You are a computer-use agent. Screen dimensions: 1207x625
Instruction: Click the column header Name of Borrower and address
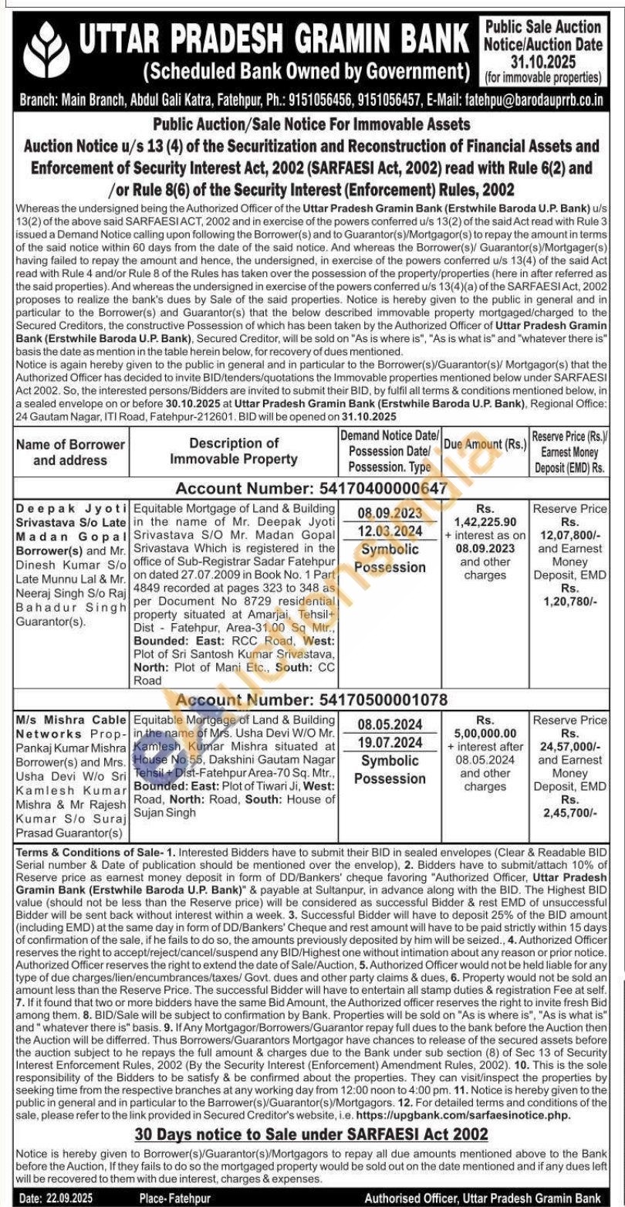tap(71, 452)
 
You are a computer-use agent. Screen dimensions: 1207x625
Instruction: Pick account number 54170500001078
tap(381, 700)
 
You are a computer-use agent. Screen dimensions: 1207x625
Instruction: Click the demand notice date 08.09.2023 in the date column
tap(390, 512)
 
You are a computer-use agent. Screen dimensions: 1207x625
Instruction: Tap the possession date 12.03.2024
tap(390, 531)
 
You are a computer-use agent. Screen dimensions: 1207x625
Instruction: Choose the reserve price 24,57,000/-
tap(568, 747)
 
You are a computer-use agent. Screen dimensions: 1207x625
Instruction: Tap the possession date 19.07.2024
tap(390, 743)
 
